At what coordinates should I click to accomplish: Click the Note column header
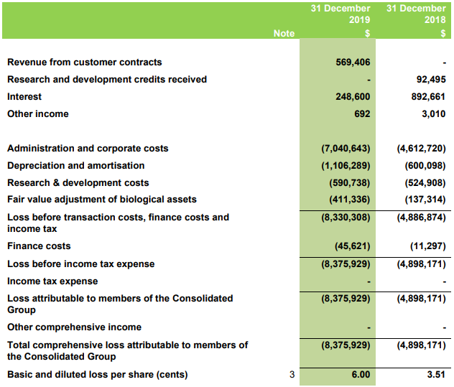coord(284,33)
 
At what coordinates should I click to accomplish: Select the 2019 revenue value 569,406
coord(353,62)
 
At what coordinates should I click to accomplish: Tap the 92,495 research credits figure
coord(431,79)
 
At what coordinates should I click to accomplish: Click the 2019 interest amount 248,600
coord(353,96)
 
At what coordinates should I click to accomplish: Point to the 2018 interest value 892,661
coord(428,96)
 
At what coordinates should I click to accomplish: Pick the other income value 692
coord(362,113)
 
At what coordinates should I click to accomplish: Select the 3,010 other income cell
coord(433,113)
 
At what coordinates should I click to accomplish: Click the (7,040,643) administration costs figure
coord(346,148)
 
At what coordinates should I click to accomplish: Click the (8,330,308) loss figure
coord(346,218)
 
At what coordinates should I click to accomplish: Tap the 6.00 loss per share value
coord(361,374)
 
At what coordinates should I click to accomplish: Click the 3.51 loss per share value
coord(436,374)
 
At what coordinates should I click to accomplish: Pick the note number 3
coord(292,374)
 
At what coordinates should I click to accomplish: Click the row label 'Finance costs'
coord(39,246)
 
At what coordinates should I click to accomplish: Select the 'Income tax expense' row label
coord(52,281)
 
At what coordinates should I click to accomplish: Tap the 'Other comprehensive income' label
coord(74,327)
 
